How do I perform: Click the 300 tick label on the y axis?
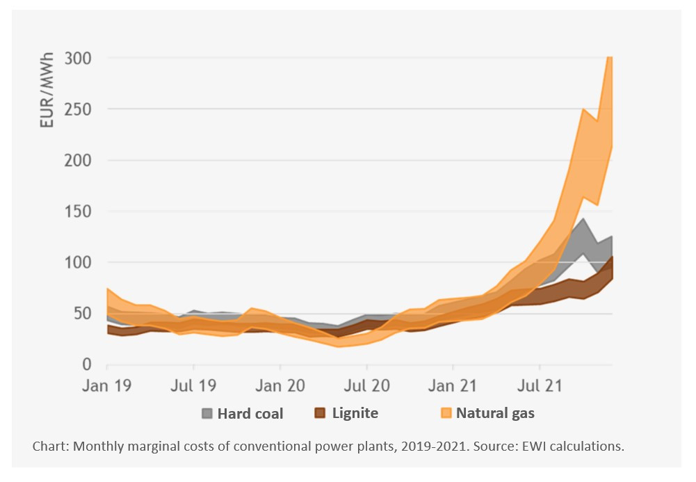(x=78, y=58)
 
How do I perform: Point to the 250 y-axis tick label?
(x=78, y=109)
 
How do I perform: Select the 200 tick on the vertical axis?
(x=78, y=161)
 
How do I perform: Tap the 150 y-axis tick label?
(x=78, y=211)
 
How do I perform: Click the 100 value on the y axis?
(x=78, y=262)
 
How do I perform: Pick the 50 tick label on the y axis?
(x=82, y=314)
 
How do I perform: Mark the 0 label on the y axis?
(x=87, y=364)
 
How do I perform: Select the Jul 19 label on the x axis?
(x=193, y=385)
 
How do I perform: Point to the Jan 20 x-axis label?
(x=280, y=385)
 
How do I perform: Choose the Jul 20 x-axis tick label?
(x=366, y=385)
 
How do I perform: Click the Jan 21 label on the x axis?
(x=453, y=385)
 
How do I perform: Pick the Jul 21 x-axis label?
(x=540, y=385)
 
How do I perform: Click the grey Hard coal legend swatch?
(x=207, y=413)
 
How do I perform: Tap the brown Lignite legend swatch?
(x=319, y=413)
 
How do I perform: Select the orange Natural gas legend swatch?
(x=446, y=413)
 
